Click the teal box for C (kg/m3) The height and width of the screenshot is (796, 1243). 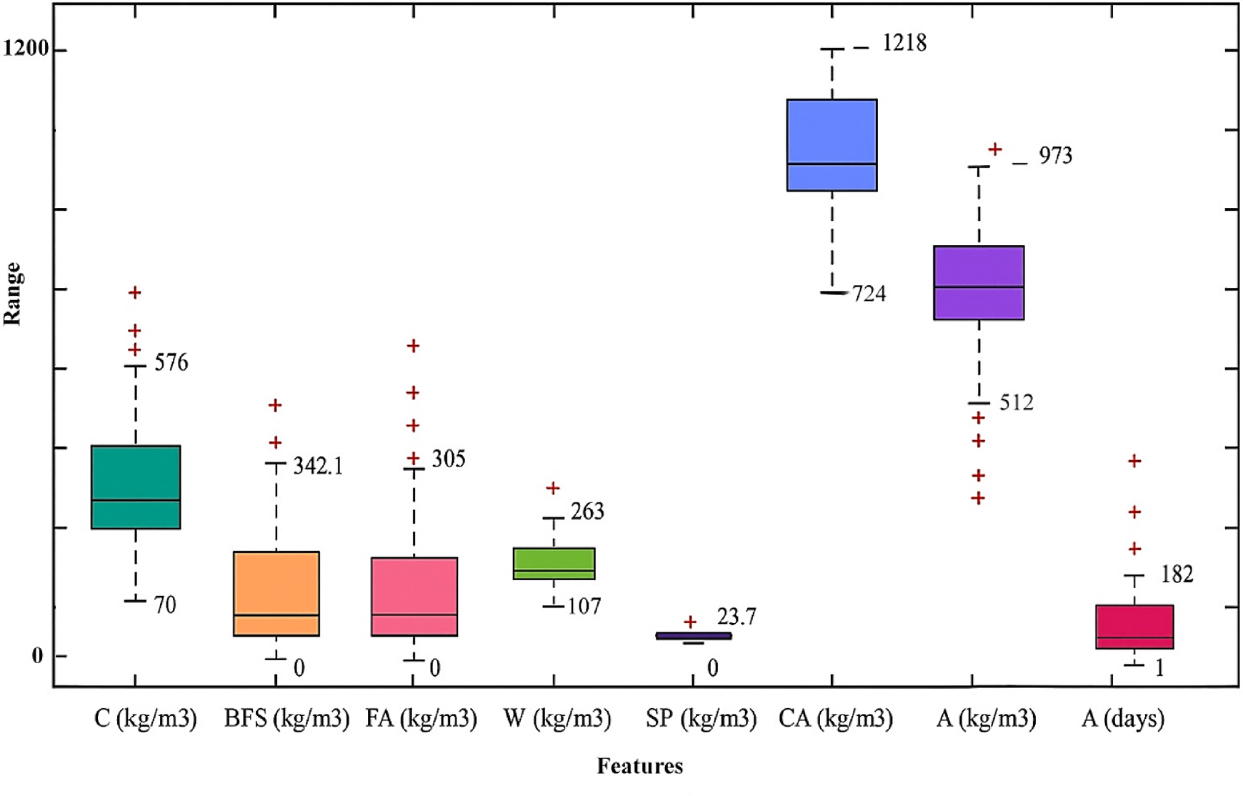pos(136,487)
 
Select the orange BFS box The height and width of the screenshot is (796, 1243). pos(276,593)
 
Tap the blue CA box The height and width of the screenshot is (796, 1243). pos(832,145)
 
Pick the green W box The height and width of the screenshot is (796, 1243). pos(554,563)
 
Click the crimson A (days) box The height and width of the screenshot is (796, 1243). pos(1134,627)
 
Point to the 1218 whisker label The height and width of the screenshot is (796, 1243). pos(904,44)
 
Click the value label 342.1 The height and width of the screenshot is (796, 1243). pos(318,467)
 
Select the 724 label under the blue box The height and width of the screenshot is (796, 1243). pos(869,294)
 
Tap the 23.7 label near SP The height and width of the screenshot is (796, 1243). pos(737,617)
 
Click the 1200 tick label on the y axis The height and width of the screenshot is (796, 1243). pos(26,49)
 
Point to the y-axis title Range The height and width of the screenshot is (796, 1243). pos(12,294)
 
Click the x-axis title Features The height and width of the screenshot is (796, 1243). pos(639,767)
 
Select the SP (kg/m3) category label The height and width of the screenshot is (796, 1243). pos(701,718)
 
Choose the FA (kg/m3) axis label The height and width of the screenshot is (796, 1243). pos(421,718)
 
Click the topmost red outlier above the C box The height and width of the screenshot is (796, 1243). pos(135,292)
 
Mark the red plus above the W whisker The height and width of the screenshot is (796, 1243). pos(553,488)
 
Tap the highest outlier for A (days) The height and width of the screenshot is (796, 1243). pos(1134,462)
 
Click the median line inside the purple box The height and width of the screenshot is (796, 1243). pos(979,287)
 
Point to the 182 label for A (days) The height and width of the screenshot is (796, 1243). pos(1177,574)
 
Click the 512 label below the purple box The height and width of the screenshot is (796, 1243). pos(1016,403)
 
